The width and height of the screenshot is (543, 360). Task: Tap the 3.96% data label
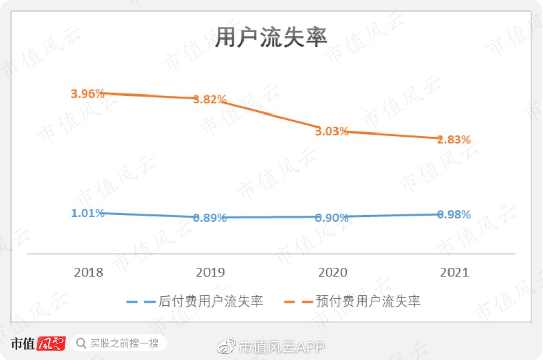(x=88, y=94)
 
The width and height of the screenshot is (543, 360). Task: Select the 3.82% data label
(x=210, y=100)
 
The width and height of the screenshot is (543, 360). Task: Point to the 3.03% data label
(x=331, y=131)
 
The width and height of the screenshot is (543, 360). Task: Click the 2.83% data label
(x=454, y=139)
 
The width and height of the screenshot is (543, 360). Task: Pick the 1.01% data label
(x=88, y=213)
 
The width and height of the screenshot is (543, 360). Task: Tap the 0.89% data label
(x=210, y=218)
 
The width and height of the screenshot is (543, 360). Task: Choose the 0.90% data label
(x=331, y=218)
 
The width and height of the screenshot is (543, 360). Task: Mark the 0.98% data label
(x=454, y=215)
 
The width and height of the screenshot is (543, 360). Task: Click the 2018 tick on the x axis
(x=88, y=272)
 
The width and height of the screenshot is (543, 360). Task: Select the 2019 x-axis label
(x=210, y=272)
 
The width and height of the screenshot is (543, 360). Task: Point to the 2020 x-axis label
(x=332, y=272)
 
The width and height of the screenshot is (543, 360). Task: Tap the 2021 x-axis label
(x=454, y=272)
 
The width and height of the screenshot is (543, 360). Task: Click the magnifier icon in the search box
(x=81, y=343)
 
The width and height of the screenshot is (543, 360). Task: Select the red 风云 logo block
(x=51, y=343)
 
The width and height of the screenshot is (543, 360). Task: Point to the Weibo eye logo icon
(x=226, y=347)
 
